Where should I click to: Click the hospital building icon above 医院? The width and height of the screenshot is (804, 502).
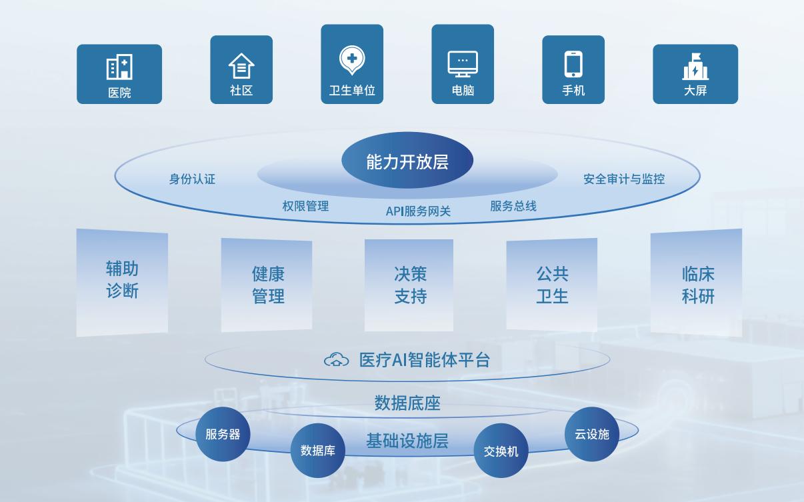pos(119,67)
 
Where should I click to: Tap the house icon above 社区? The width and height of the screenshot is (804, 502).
pos(241,65)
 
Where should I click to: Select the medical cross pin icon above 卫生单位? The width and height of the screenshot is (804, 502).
pos(352,60)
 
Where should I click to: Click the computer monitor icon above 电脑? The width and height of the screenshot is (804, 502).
pos(463,64)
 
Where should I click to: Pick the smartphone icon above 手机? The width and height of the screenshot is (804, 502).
pos(573,64)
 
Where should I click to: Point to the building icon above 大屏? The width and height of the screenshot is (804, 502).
pos(695,67)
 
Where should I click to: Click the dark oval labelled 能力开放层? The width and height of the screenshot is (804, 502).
pos(407,160)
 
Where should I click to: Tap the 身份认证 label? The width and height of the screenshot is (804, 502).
pos(193,179)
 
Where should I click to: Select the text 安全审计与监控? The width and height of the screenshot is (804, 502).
pos(624,179)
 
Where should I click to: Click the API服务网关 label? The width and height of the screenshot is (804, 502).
pos(418,211)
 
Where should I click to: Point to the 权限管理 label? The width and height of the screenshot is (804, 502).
pos(305,206)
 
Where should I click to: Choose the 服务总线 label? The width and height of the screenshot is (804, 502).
pos(513,206)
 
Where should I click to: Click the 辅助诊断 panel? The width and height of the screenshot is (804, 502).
pos(122,283)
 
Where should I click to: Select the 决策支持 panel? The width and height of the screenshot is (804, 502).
pos(409,285)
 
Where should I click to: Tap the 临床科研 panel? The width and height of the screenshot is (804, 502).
pos(696,283)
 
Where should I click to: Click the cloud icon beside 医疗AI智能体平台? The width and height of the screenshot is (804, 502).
pos(336,359)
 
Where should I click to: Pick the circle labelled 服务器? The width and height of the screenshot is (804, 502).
pos(223,434)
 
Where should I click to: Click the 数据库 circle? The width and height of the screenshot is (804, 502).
pos(317,450)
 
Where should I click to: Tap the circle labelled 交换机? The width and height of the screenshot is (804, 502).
pos(501,451)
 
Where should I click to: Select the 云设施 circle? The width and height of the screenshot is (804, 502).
pos(592,434)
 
